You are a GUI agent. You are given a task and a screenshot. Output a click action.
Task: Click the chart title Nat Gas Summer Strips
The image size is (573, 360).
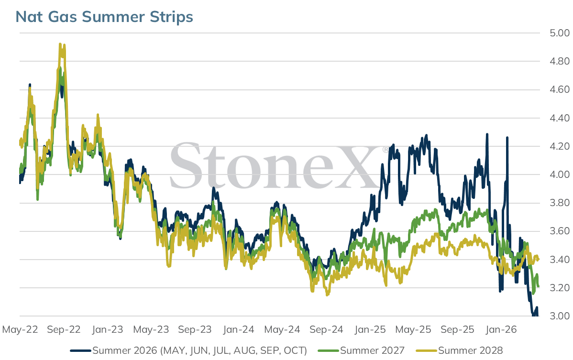[x=104, y=17]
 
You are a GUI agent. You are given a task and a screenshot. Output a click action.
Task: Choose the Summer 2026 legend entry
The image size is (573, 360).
[x=188, y=350]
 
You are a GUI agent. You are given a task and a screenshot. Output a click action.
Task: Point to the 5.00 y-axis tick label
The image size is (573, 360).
[x=560, y=33]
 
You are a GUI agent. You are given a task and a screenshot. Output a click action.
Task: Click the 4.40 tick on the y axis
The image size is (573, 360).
[x=560, y=118]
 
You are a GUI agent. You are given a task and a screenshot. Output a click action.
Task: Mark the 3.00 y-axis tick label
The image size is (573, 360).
[x=560, y=316]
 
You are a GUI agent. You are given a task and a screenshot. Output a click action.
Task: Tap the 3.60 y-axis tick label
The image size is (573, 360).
[x=560, y=231]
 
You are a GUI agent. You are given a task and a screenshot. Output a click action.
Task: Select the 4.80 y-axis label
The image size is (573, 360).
[x=560, y=61]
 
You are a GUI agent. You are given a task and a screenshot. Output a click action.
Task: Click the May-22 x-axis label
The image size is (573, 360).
[x=20, y=329]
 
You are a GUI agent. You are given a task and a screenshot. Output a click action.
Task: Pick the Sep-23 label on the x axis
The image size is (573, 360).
[x=195, y=329]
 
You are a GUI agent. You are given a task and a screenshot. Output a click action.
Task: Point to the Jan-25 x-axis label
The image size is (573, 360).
[x=370, y=329]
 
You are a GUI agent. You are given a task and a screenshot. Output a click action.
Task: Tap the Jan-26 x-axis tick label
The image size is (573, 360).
[x=501, y=329]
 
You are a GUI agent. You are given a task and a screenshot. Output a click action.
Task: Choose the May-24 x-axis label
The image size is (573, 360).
[x=282, y=329]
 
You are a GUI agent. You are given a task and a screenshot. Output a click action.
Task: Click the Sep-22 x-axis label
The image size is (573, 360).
[x=64, y=329]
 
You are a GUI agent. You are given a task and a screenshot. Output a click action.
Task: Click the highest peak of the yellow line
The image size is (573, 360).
[x=60, y=44]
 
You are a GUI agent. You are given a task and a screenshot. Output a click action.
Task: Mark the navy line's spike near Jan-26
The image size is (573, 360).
[x=507, y=138]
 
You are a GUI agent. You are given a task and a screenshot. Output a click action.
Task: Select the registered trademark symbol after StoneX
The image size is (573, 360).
[x=386, y=149]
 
